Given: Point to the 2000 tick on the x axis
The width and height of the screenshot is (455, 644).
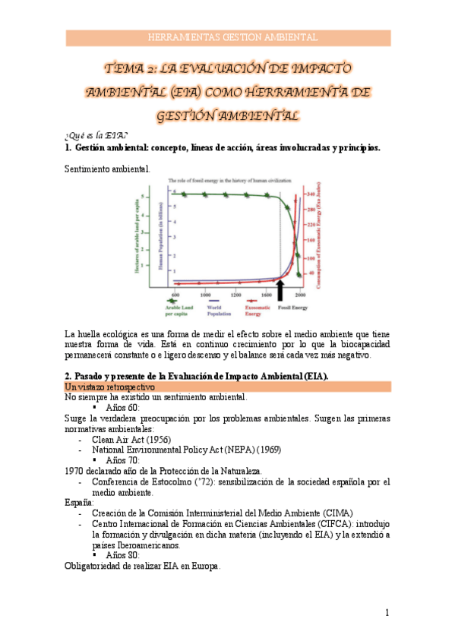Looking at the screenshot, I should [x=300, y=295].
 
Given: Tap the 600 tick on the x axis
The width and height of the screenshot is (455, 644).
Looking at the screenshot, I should [x=175, y=295].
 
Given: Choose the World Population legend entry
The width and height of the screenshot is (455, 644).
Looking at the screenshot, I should [x=220, y=309].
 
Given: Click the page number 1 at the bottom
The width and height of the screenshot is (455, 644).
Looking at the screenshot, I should [x=387, y=612].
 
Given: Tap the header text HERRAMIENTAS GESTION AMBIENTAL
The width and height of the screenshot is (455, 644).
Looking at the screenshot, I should [x=228, y=37].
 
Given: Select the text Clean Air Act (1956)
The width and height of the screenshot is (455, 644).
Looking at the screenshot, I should [x=131, y=439].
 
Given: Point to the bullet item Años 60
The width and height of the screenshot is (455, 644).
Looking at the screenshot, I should [x=122, y=407].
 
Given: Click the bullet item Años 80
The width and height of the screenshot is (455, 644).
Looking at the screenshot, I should [x=122, y=555].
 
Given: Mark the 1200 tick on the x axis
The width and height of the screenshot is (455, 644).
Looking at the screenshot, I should [x=236, y=295].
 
